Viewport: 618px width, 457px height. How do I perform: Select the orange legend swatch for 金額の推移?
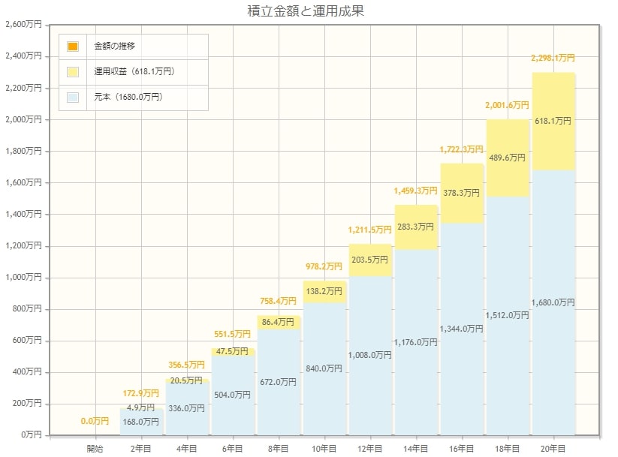73,47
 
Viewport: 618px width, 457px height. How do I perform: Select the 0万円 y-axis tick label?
30,435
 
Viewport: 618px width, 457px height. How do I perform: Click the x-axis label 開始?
95,448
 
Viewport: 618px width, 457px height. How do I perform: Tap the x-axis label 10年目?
324,448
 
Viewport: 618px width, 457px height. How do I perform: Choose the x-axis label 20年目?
553,448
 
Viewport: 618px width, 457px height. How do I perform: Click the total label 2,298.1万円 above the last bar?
553,58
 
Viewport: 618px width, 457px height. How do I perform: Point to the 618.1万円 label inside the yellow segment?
553,120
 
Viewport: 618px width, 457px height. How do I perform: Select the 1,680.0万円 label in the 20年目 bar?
553,302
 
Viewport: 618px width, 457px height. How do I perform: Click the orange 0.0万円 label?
95,421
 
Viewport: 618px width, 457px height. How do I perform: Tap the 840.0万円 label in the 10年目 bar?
324,368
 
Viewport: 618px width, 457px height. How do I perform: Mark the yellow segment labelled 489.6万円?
508,158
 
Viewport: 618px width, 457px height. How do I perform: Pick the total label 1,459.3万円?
415,191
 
